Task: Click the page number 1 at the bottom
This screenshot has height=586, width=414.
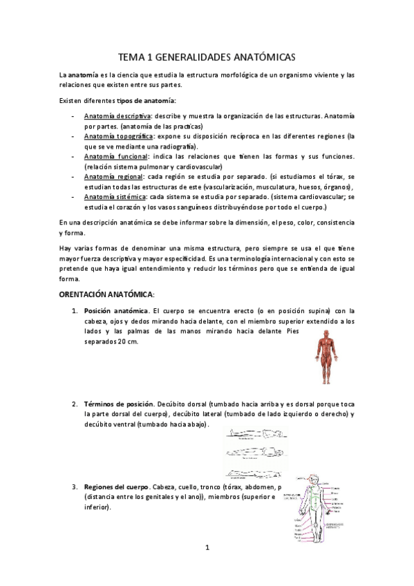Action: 207,548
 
